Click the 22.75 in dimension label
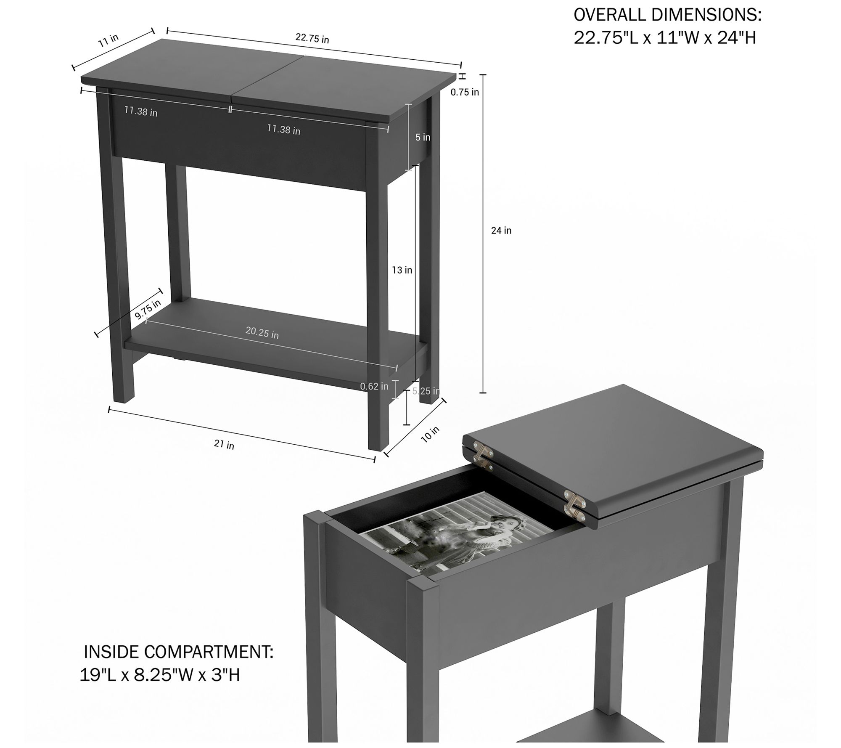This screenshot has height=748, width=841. (312, 38)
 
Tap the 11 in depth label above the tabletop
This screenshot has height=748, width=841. (108, 40)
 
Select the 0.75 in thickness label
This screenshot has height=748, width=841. (465, 92)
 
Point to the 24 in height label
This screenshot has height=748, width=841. (501, 231)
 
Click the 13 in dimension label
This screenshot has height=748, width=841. (402, 270)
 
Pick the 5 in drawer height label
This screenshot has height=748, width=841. (423, 137)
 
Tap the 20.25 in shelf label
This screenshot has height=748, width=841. (262, 333)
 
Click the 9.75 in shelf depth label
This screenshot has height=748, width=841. (148, 309)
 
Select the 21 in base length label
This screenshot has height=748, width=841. (224, 445)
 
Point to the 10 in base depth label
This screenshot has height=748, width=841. (430, 434)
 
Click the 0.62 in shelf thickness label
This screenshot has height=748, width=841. (374, 386)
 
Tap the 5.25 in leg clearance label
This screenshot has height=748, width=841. (426, 391)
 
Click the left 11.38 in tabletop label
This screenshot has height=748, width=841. (141, 112)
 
